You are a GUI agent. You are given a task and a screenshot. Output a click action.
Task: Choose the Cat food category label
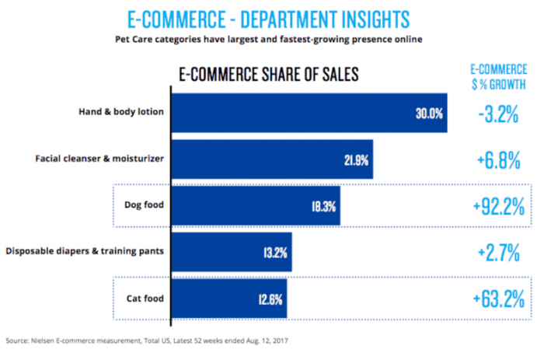click(146, 298)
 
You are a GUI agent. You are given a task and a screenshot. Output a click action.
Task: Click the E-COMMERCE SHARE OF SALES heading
click(268, 75)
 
